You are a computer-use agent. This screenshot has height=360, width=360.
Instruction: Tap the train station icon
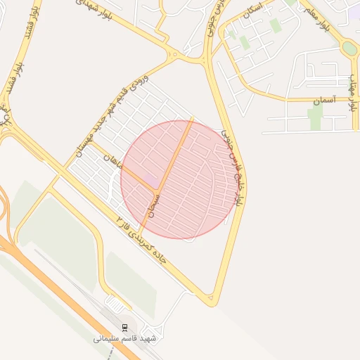125,328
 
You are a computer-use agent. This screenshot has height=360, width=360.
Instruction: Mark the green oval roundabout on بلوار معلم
349,49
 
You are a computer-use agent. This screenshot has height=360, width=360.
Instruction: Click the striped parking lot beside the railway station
116,304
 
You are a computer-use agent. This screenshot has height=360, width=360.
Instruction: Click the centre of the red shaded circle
177,179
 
